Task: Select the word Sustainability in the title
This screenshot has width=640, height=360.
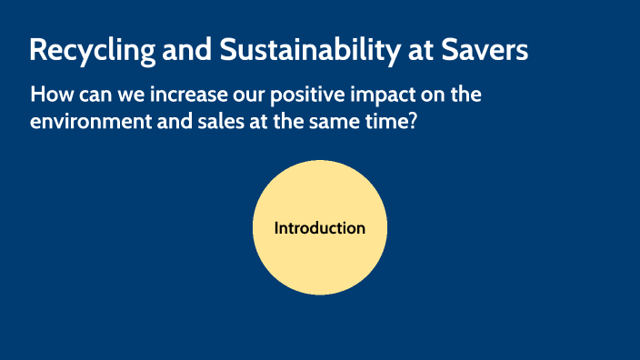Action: coord(292,51)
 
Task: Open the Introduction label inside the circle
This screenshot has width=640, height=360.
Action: coord(320,228)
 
